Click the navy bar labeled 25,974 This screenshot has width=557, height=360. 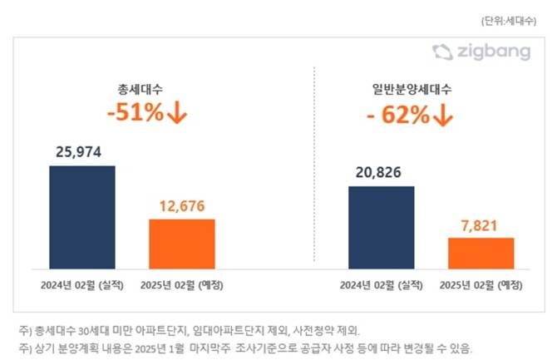82,217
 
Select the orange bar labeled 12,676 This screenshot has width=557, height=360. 181,244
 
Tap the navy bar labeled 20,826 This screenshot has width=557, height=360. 381,227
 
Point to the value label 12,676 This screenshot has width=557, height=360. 181,206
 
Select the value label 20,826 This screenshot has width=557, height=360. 381,173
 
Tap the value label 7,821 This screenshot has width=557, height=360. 481,224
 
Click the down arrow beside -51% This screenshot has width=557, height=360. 177,113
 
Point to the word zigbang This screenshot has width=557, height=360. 494,52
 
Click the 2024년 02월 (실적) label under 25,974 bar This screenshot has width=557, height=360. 82,285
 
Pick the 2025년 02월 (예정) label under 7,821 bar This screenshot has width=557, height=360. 481,285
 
